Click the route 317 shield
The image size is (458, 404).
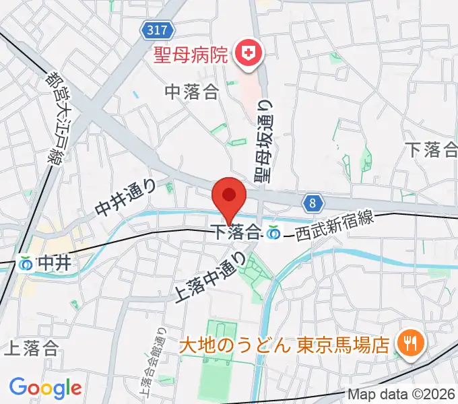point(160,29)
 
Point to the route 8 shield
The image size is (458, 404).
point(313,202)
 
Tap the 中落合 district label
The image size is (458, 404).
point(193,92)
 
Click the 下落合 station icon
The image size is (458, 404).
point(273,233)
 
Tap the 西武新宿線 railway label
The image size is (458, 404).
point(332,228)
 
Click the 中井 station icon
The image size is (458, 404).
point(26,263)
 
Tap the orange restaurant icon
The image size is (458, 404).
point(408,343)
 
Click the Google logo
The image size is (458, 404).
point(45,387)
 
